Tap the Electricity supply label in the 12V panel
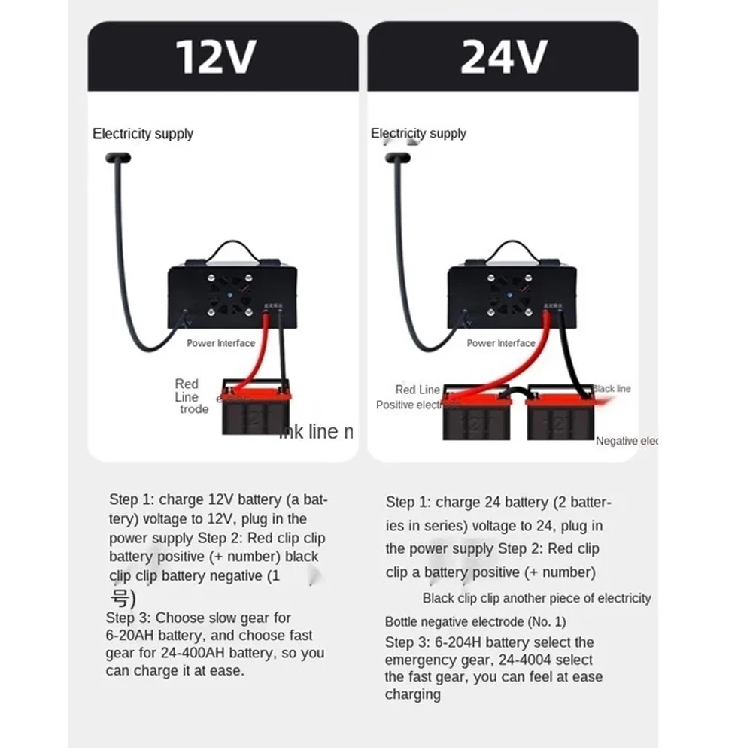click(143, 134)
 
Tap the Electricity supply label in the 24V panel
click(418, 134)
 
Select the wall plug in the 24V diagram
click(396, 158)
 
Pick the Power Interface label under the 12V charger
click(221, 343)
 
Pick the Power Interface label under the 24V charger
click(501, 343)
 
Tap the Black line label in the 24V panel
click(612, 389)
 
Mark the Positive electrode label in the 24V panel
click(408, 405)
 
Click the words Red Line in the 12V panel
click(187, 390)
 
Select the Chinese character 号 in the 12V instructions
click(121, 599)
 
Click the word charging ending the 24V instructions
click(413, 694)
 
